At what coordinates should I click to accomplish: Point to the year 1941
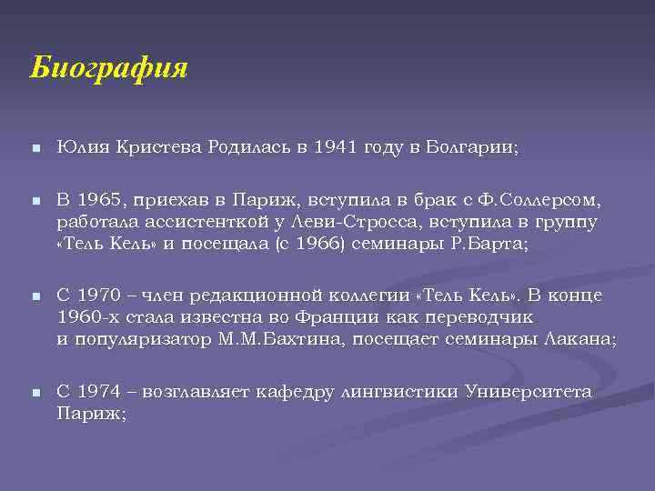[336, 147]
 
